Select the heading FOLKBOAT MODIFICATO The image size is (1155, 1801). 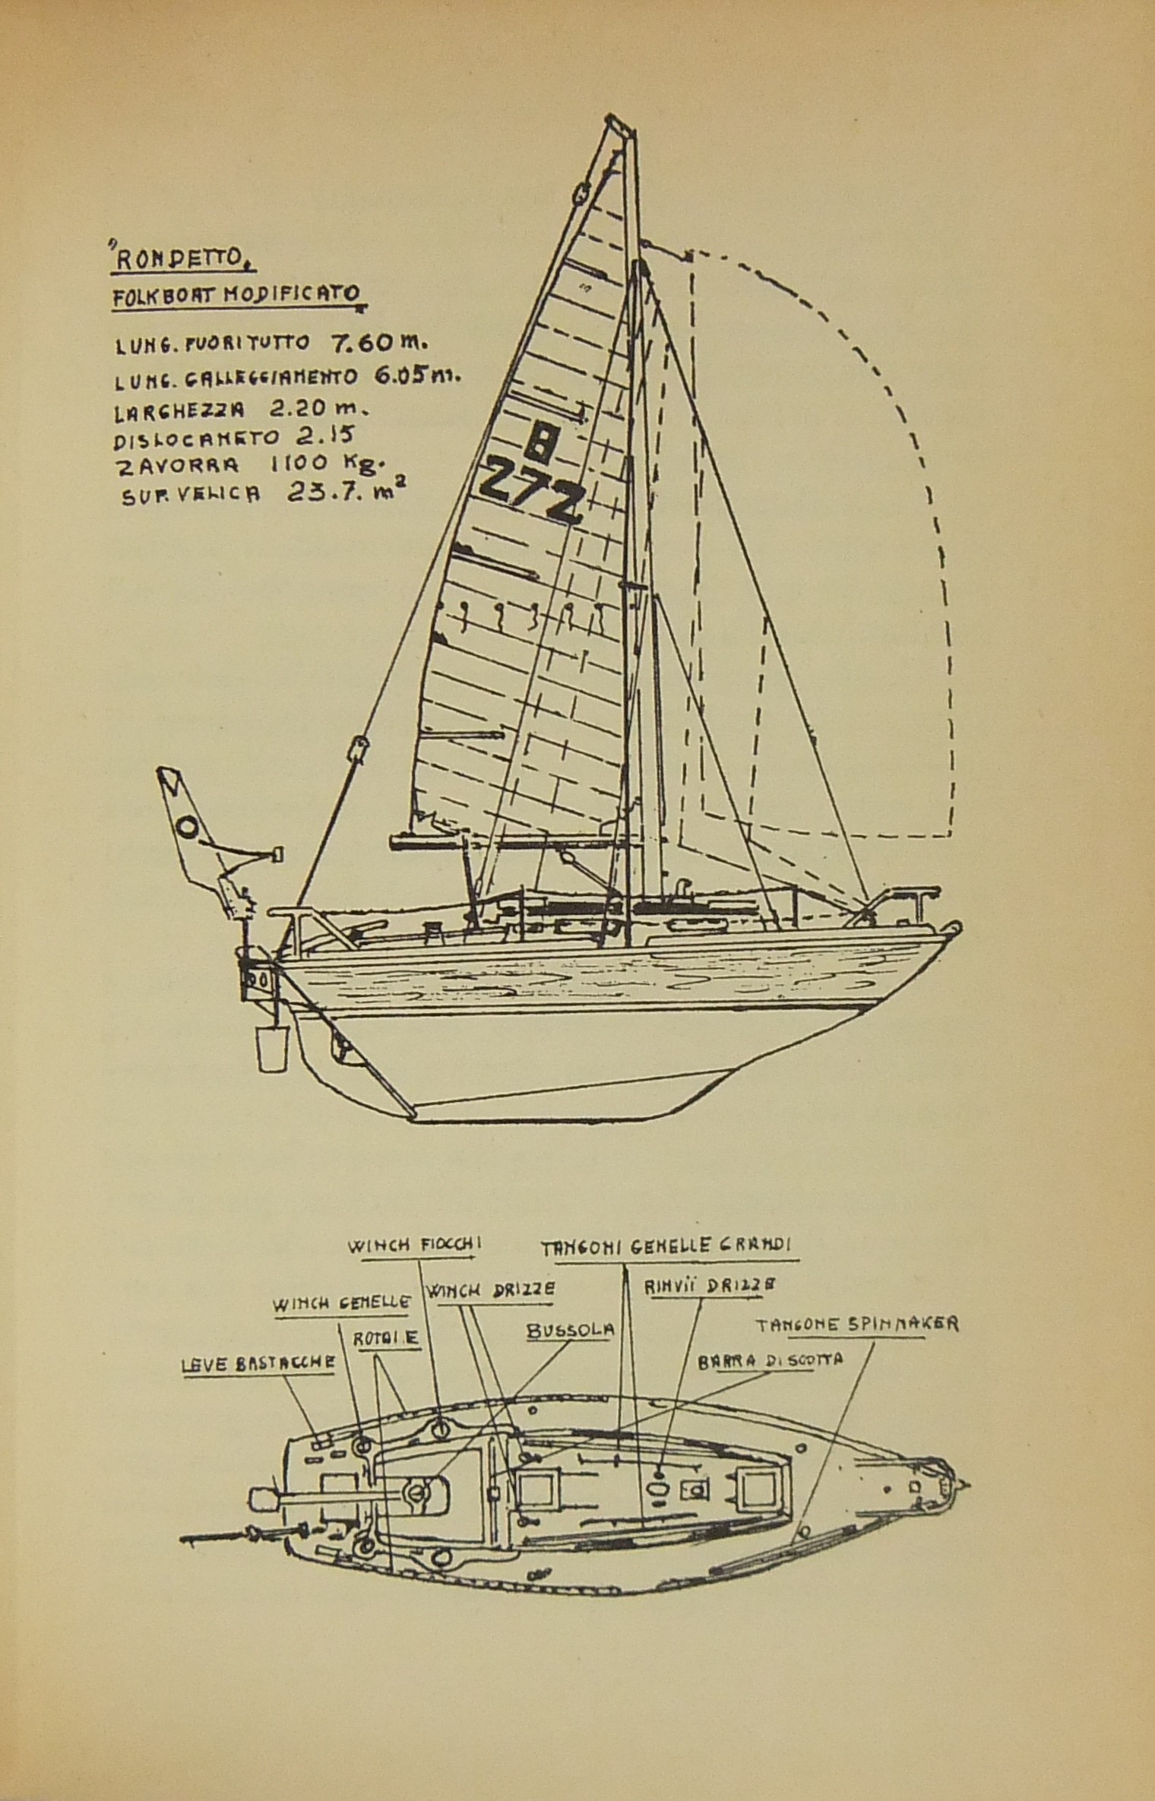(236, 297)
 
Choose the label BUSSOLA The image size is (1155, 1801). (571, 1331)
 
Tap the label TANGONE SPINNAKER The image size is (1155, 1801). (856, 1325)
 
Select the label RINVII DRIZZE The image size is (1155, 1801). (710, 1287)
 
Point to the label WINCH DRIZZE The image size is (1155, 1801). (489, 1289)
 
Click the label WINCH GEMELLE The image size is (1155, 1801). (342, 1302)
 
